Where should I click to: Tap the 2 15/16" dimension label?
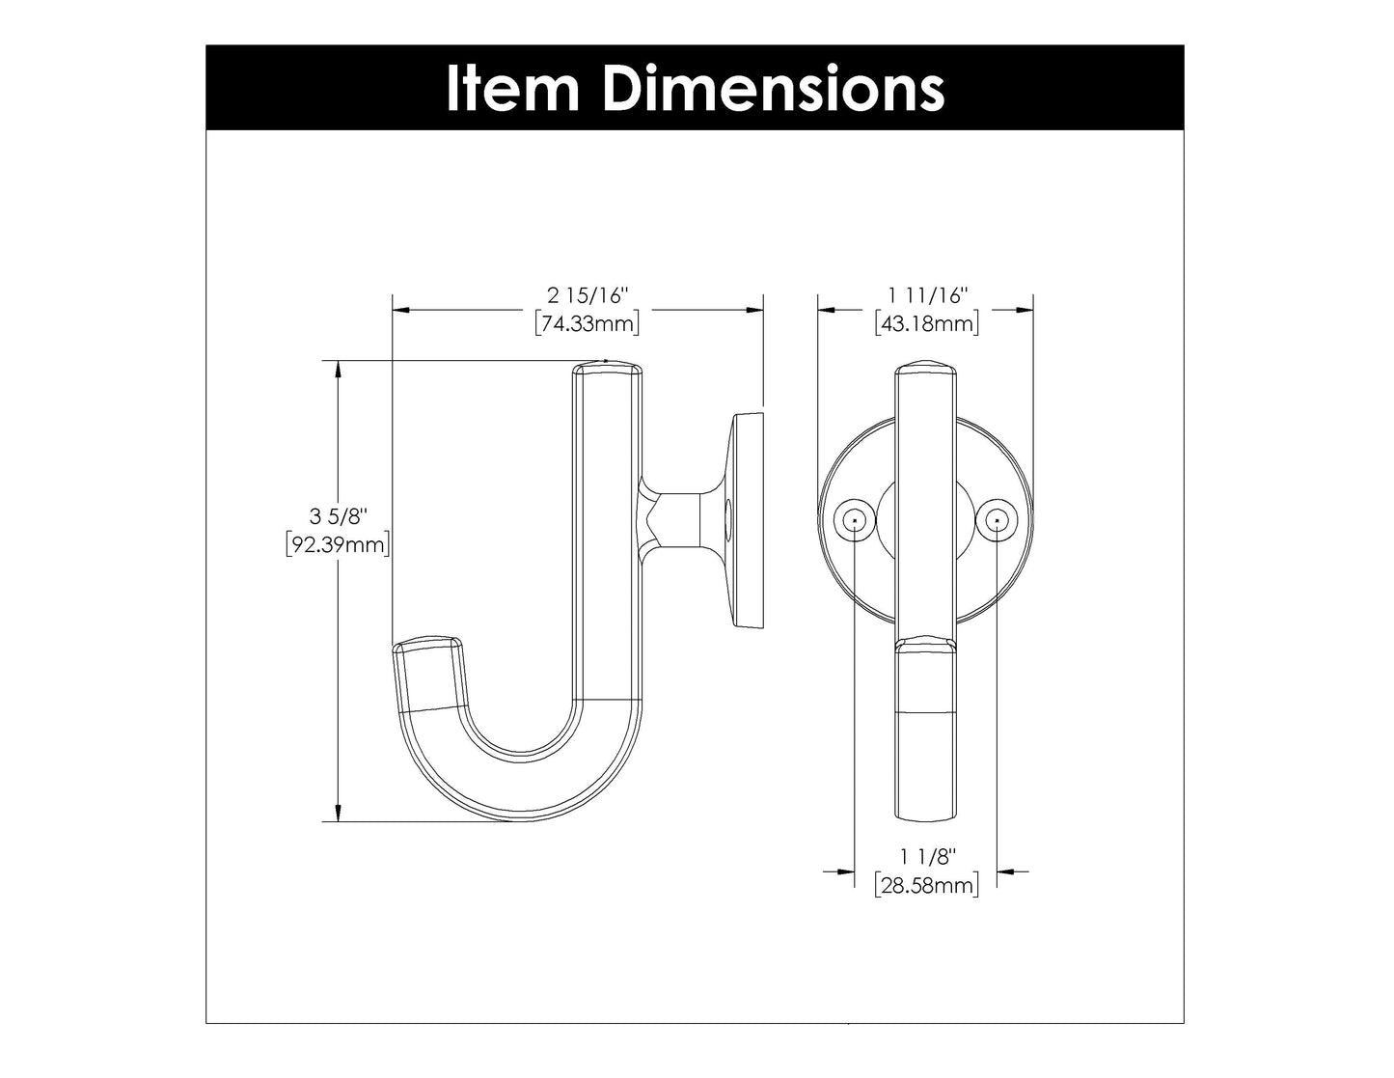pyautogui.click(x=588, y=293)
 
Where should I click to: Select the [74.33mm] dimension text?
pyautogui.click(x=588, y=323)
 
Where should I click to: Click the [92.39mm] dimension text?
pyautogui.click(x=339, y=546)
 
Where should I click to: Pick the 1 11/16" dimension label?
pyautogui.click(x=926, y=293)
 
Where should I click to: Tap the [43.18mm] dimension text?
pyautogui.click(x=927, y=323)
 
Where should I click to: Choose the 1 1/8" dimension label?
pyautogui.click(x=926, y=855)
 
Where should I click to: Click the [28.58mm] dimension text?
pyautogui.click(x=926, y=885)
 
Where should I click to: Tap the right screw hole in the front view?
pyautogui.click(x=997, y=521)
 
